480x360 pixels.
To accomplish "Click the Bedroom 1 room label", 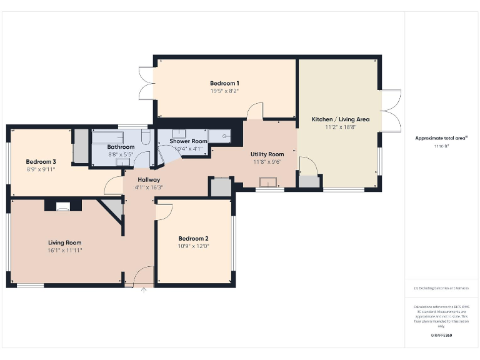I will pos(224,83).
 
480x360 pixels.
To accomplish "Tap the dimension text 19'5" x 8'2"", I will pos(224,91).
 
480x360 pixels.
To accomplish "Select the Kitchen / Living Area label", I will pos(341,119).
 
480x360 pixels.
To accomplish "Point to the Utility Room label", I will pos(267,154).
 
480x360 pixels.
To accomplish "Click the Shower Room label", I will pos(188,141).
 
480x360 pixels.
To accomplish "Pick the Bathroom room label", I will pos(121,147).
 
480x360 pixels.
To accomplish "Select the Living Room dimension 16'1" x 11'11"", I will pos(65,250).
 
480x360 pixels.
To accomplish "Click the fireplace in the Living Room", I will pos(63,205).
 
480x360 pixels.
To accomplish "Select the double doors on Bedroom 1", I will pos(146,83).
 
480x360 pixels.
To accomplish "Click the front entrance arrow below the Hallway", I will pos(144,289).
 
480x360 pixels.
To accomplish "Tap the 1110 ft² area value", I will pos(441,146).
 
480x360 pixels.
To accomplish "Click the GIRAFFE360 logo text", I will pos(441,336).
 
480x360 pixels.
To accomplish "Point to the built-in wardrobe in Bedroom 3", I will pos(81,146).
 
